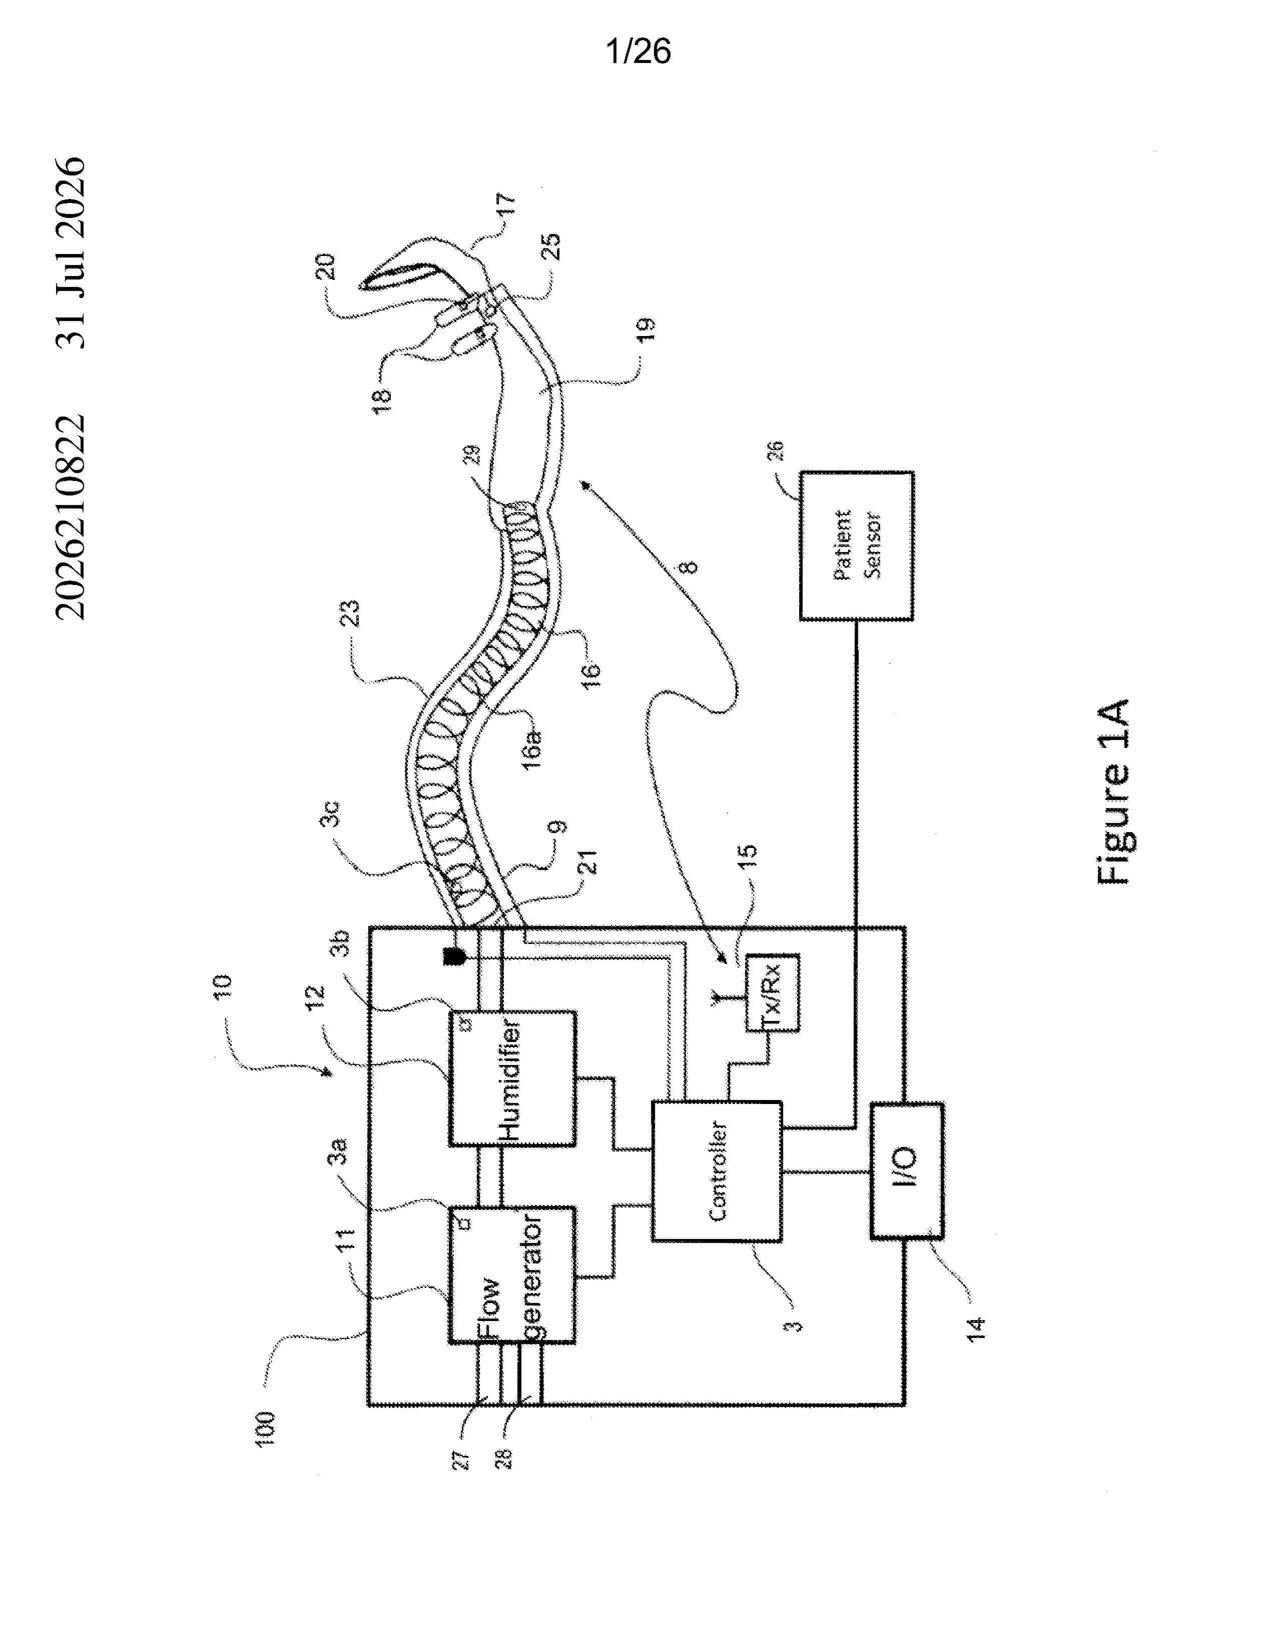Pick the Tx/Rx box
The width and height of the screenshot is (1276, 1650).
pos(772,992)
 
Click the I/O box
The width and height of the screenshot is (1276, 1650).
pos(906,1171)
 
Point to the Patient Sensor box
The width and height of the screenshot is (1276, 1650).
pos(857,545)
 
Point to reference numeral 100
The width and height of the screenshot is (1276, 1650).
pos(265,1428)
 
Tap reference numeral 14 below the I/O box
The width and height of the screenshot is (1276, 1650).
pos(976,1329)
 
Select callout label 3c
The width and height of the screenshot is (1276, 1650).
pos(330,813)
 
